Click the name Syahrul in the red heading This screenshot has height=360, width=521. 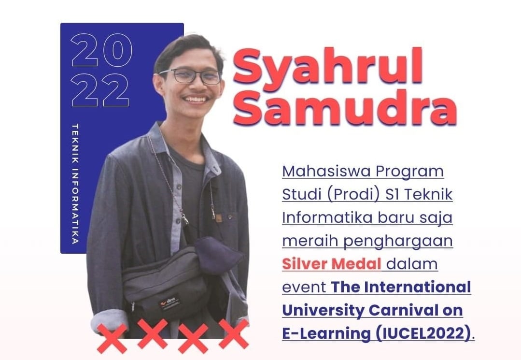pyautogui.click(x=328, y=69)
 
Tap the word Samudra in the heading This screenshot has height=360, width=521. pyautogui.click(x=345, y=107)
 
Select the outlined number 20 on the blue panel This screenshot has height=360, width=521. pyautogui.click(x=101, y=50)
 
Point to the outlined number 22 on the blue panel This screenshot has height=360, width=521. pyautogui.click(x=99, y=90)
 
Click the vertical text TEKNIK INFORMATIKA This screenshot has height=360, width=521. pyautogui.click(x=75, y=184)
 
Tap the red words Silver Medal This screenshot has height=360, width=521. pyautogui.click(x=331, y=264)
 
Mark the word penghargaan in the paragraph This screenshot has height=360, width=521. pyautogui.click(x=398, y=242)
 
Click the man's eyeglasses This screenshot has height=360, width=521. pyautogui.click(x=190, y=76)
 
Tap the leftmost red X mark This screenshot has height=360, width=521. pyautogui.click(x=112, y=338)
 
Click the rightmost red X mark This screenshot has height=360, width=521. pyautogui.click(x=234, y=334)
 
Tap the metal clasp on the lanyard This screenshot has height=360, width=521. pyautogui.click(x=184, y=217)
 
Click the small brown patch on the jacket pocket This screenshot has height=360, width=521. pyautogui.click(x=218, y=218)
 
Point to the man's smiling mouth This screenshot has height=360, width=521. pyautogui.click(x=196, y=100)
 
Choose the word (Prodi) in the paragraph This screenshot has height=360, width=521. pyautogui.click(x=353, y=195)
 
